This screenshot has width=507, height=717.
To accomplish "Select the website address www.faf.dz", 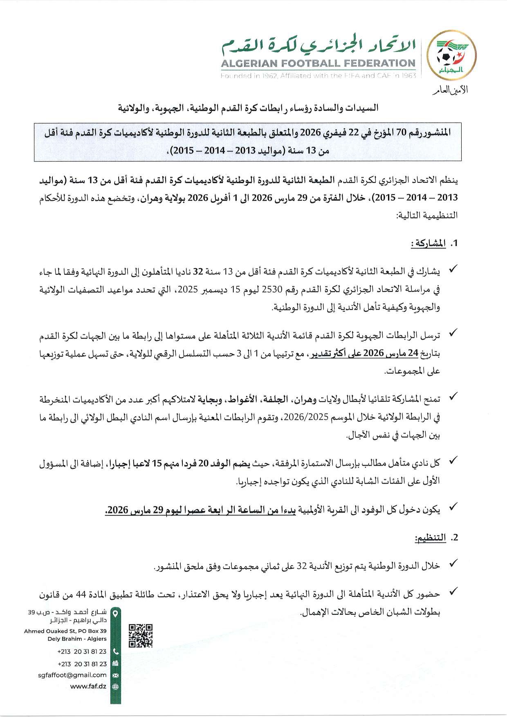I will coord(88,686).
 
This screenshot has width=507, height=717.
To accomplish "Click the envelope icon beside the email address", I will coord(115,675).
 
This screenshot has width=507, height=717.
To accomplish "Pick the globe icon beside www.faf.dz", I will coord(115,687).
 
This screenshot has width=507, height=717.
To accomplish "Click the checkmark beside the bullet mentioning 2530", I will coord(453,270).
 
